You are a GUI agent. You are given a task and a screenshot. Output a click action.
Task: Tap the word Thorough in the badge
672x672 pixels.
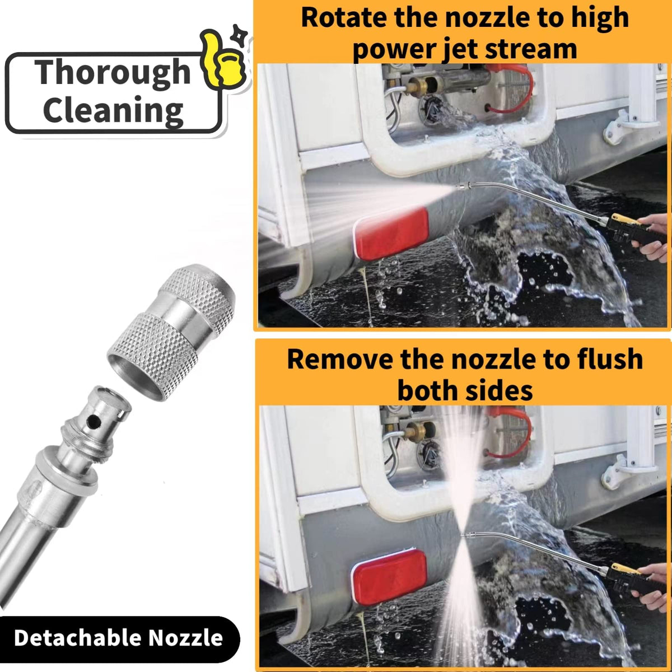[x=113, y=73]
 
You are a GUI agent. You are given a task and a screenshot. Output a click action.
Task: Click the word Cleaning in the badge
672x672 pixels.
[x=113, y=110]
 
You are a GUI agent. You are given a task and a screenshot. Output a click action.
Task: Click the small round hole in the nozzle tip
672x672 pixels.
[x=95, y=423]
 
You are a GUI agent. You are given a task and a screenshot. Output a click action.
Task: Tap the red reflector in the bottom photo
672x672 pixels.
[x=389, y=572]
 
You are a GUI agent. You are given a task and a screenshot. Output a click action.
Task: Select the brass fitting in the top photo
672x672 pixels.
[x=418, y=87]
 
